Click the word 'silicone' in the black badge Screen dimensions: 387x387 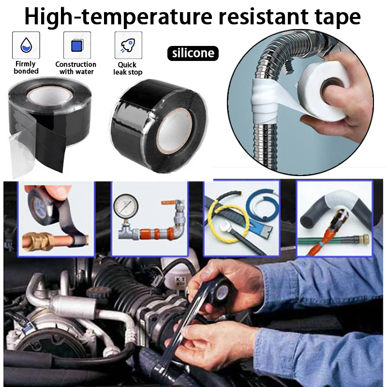click(x=193, y=53)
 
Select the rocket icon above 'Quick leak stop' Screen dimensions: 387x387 click(x=128, y=45)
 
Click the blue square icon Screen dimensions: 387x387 click(x=77, y=46)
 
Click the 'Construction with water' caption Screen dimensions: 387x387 click(x=76, y=68)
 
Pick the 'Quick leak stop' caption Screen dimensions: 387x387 click(x=128, y=68)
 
